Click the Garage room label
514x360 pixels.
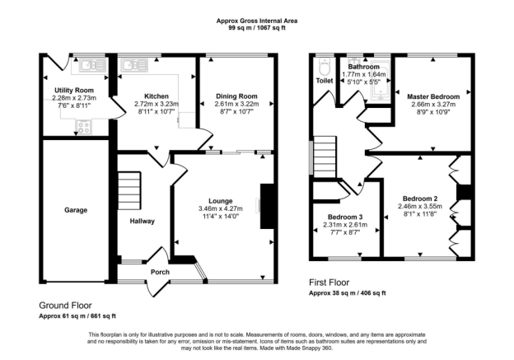[76, 210]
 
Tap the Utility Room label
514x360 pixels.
[74, 90]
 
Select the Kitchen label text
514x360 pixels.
[157, 96]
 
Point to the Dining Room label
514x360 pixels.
[236, 96]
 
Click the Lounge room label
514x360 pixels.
[221, 201]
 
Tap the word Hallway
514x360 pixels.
[142, 222]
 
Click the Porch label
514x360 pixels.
[160, 272]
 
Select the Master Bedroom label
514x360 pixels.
[433, 96]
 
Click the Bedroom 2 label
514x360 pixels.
[420, 199]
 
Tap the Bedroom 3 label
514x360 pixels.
[345, 217]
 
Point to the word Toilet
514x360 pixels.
[325, 81]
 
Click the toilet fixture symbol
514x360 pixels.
[325, 67]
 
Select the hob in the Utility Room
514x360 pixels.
[84, 127]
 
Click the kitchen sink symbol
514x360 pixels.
[134, 65]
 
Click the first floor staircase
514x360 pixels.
[325, 157]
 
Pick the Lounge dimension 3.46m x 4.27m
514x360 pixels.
[221, 209]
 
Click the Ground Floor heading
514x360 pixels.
[65, 306]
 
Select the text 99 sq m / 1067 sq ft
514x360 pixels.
[257, 28]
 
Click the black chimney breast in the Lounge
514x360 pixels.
[267, 206]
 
